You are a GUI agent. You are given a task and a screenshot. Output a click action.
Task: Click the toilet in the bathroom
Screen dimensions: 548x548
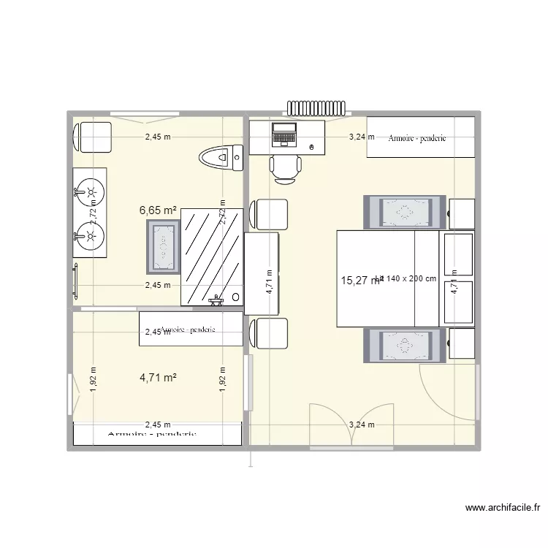click(221, 157)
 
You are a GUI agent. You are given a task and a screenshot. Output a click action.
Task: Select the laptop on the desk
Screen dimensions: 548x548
click(283, 134)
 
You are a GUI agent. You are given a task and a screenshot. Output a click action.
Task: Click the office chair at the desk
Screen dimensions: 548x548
click(285, 167)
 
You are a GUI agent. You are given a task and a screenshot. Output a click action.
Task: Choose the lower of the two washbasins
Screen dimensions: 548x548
click(90, 235)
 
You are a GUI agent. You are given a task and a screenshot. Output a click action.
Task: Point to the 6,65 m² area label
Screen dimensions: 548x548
click(159, 210)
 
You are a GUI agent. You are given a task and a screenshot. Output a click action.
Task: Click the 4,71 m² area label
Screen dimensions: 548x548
click(159, 378)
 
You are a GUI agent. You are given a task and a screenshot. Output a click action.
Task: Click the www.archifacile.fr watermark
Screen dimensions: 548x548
click(504, 509)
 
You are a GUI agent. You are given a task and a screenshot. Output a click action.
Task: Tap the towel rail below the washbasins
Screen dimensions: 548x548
click(75, 279)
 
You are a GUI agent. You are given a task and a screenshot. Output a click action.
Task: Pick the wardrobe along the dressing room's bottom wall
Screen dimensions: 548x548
click(157, 434)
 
